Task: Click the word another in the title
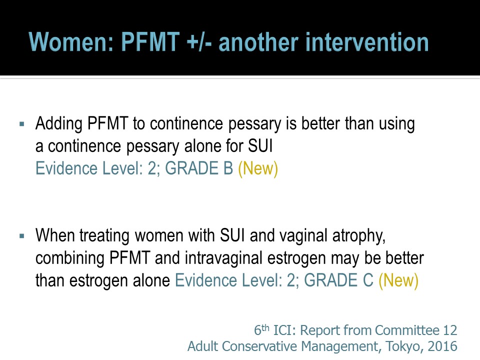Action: [258, 42]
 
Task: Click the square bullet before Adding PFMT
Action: [21, 124]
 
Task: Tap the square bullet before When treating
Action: [21, 236]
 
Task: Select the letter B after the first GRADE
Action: [228, 168]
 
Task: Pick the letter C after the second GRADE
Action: [367, 280]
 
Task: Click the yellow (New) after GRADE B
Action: [258, 169]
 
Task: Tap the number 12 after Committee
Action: [450, 330]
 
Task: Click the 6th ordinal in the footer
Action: [261, 330]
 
